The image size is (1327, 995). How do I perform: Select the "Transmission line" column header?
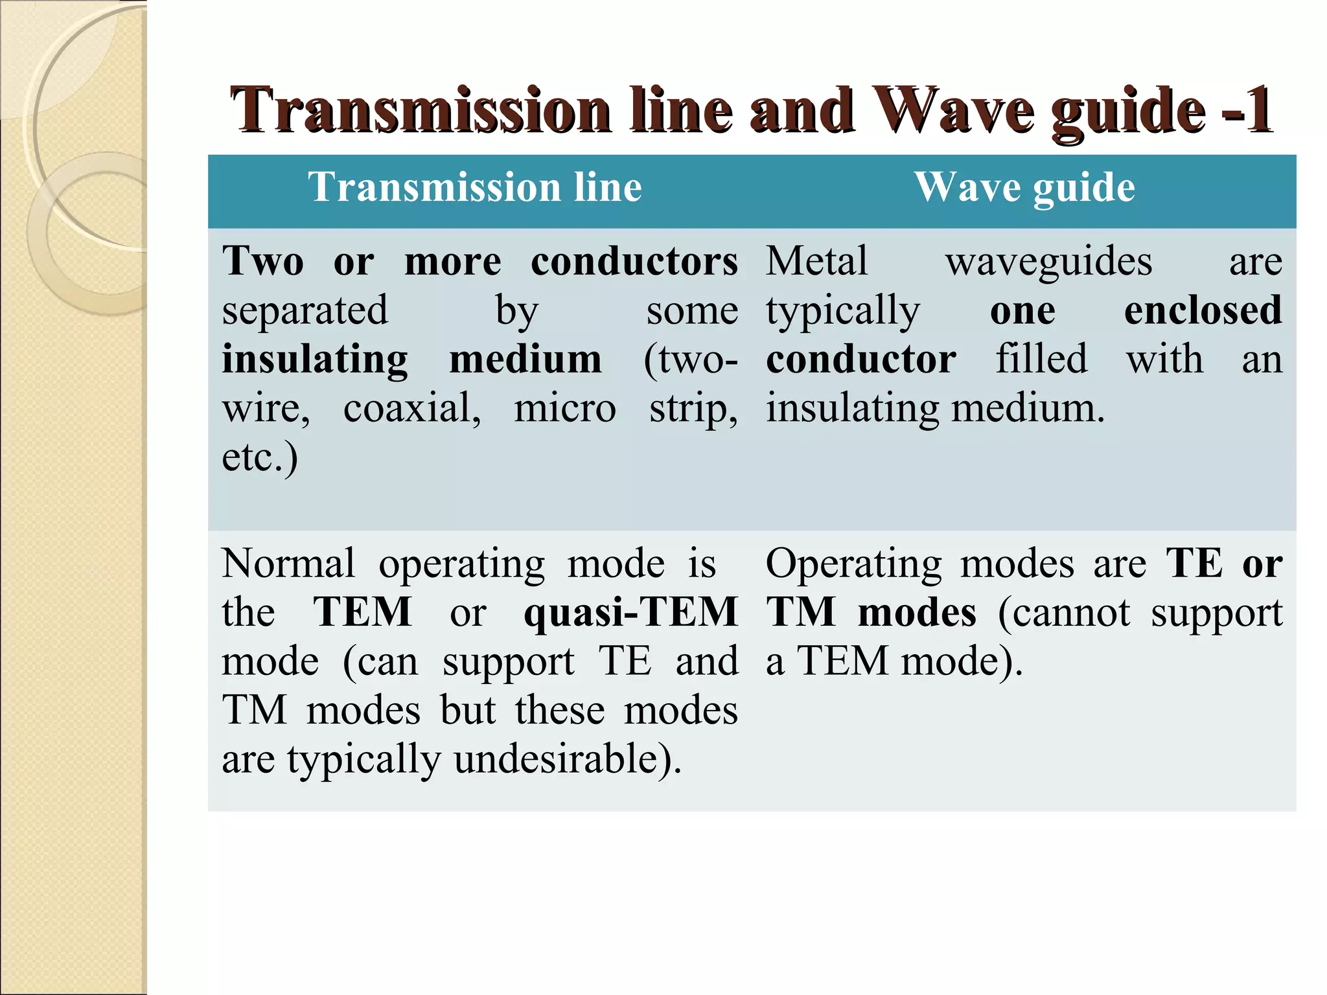[x=475, y=187]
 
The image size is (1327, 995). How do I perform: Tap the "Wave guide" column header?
[x=1024, y=187]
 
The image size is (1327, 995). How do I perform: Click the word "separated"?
[x=305, y=310]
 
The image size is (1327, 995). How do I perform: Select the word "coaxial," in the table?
[x=412, y=409]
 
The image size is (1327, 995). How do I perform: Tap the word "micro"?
[x=565, y=409]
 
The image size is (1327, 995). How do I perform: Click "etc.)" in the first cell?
[x=260, y=457]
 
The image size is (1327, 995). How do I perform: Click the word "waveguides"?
[x=1048, y=262]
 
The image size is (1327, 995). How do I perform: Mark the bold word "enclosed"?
[x=1203, y=310]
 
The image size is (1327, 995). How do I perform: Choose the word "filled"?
[x=1041, y=359]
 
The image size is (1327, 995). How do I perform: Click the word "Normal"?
[x=288, y=564]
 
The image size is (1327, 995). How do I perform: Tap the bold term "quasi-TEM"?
[x=630, y=613]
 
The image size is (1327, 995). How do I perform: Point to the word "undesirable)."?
[x=568, y=759]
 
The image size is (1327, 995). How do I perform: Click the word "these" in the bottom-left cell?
[x=560, y=711]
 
